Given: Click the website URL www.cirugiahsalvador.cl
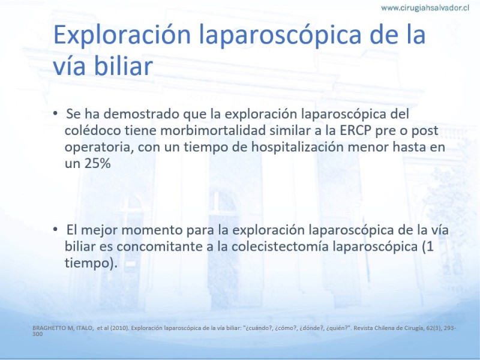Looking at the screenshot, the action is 425,8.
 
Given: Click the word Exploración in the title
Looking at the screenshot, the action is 122,34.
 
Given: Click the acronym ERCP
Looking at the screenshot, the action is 355,130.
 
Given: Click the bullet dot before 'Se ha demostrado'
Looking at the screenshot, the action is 55,113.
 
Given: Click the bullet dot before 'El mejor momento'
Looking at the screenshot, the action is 55,229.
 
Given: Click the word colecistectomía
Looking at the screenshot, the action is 280,247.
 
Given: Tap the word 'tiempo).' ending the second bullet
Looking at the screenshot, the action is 91,263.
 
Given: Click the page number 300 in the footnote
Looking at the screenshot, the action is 38,334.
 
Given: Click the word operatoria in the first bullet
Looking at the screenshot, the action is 100,148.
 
